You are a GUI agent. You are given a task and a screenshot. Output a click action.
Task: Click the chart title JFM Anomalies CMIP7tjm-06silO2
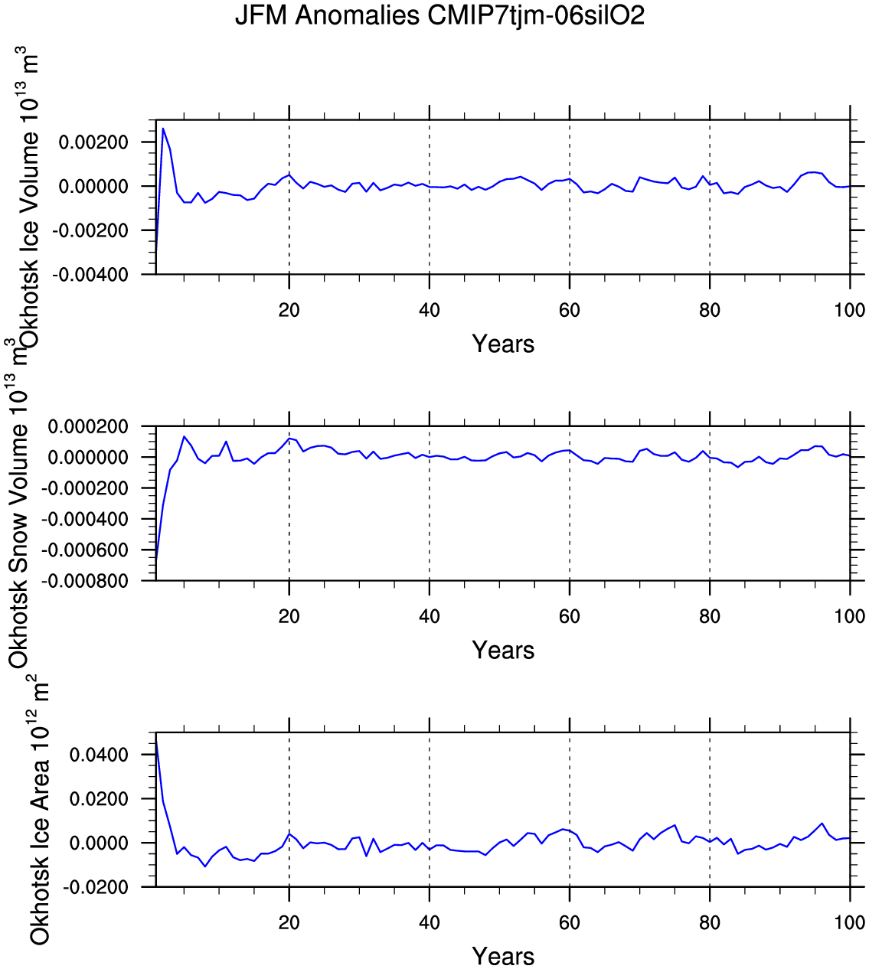pos(439,15)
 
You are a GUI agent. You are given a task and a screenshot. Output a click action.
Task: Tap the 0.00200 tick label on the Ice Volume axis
pos(93,142)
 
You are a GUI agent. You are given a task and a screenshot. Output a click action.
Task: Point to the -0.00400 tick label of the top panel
pos(90,275)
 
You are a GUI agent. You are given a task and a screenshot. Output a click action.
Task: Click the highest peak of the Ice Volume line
pos(163,128)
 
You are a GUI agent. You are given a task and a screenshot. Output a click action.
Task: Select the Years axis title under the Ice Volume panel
pos(503,344)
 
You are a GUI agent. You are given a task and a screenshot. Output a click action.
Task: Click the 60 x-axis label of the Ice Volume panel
pos(570,311)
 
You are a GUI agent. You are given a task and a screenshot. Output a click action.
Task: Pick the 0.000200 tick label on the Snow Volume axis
pos(88,426)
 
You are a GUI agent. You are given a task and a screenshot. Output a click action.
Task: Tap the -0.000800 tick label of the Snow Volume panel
pos(85,582)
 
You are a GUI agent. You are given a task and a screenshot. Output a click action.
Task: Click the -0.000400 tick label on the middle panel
pos(85,520)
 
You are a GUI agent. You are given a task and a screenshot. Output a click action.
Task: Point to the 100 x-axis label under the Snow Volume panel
pos(849,617)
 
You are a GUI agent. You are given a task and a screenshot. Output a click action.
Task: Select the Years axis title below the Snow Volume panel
pos(503,650)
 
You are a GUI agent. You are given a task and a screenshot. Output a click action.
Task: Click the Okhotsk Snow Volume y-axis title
pos(18,504)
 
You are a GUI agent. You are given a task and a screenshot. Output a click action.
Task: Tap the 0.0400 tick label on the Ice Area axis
pos(99,755)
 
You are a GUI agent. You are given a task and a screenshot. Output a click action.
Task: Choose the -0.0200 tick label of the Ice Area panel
pos(95,888)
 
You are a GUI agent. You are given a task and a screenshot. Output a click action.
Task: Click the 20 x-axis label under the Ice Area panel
pos(289,923)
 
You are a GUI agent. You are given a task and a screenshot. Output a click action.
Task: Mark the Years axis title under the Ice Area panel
pos(503,956)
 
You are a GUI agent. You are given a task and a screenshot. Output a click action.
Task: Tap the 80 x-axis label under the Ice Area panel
pos(709,923)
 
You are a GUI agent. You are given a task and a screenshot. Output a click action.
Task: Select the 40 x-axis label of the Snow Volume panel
pos(430,617)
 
